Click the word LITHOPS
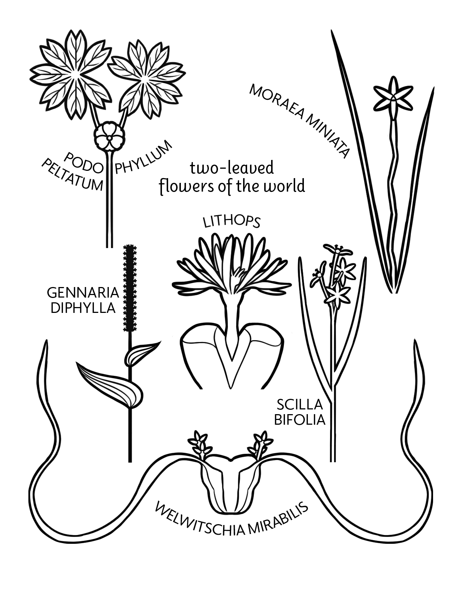pos(232,221)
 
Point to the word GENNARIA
pos(83,292)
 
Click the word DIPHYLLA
pos(83,308)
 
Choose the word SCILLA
pos(300,404)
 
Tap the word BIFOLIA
pos(300,420)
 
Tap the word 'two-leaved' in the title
pos(232,169)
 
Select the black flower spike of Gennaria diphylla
pos(130,288)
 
